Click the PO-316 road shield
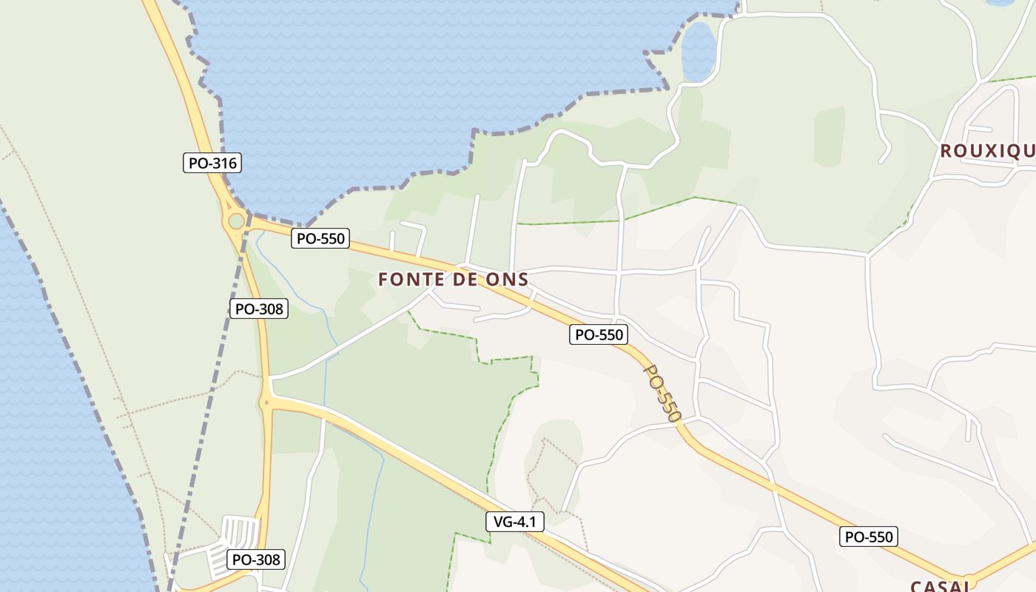coord(212,163)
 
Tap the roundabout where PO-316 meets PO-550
coord(236,221)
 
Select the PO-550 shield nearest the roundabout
coord(320,238)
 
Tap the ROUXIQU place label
coord(987,152)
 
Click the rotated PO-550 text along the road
coord(662,392)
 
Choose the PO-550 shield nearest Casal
coord(869,536)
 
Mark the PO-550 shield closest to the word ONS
coord(599,334)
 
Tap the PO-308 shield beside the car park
coord(256,559)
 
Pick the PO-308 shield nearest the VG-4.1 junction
coord(259,309)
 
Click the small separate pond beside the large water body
coord(698,52)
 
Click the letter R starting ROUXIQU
coord(946,152)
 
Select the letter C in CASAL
coord(916,586)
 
